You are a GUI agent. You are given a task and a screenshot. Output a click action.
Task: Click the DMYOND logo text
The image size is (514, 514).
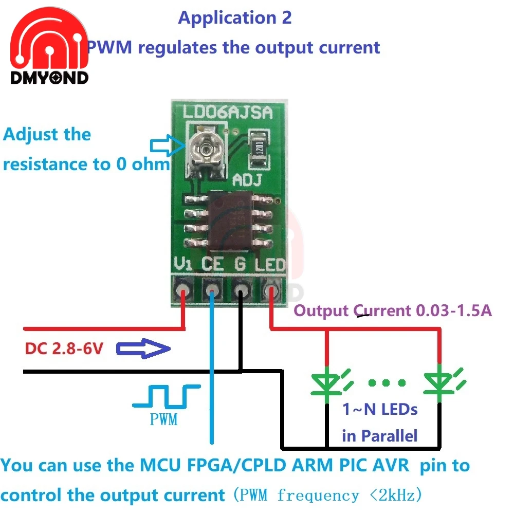(49, 78)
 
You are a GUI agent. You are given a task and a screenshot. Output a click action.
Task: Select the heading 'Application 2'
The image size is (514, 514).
(235, 18)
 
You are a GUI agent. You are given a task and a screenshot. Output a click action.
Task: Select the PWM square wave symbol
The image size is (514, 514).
(166, 396)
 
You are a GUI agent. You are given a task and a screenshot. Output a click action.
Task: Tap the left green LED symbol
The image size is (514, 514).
(327, 382)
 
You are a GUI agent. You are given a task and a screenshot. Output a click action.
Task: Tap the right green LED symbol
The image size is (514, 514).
(440, 382)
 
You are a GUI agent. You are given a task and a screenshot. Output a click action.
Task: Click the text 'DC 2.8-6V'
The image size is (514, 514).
(64, 350)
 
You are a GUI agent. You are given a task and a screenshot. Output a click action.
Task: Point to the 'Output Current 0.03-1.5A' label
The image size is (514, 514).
(393, 310)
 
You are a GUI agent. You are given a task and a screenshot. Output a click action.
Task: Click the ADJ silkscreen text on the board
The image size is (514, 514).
(248, 180)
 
